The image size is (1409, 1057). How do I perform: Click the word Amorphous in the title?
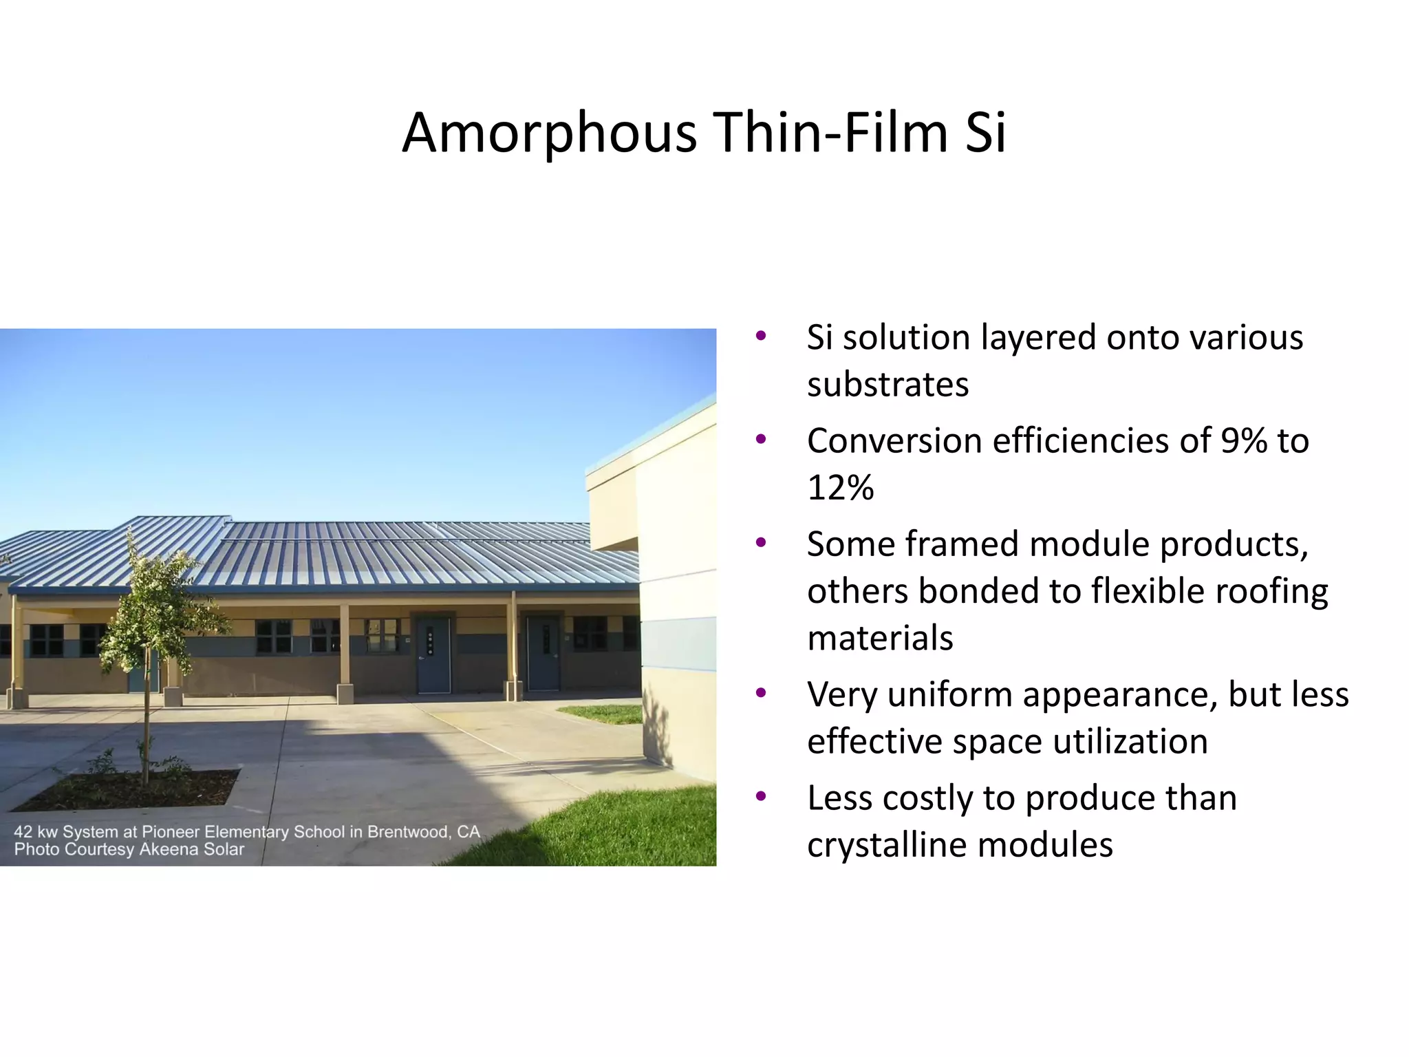[x=549, y=133]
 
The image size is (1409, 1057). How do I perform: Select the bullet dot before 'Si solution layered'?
[x=761, y=337]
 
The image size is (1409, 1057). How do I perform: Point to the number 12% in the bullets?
[x=841, y=488]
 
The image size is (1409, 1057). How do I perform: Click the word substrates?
[x=888, y=385]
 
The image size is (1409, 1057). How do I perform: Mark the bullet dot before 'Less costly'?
[x=761, y=797]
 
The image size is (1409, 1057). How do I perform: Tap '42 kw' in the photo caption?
[x=36, y=832]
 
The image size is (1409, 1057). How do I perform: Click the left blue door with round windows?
[x=433, y=655]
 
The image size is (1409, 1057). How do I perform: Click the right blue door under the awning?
[x=543, y=654]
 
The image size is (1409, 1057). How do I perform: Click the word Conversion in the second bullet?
[x=894, y=441]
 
